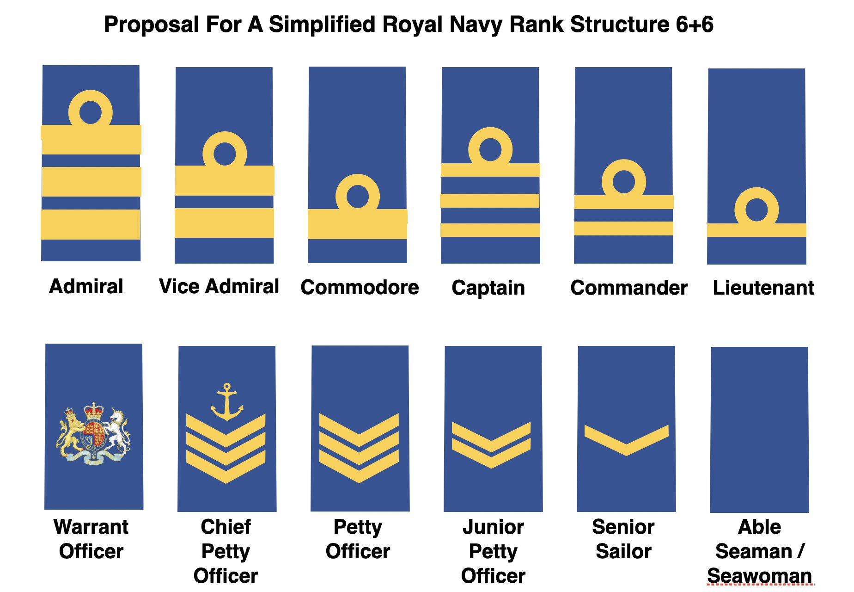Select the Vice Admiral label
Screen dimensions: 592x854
(x=219, y=286)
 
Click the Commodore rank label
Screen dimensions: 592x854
(x=360, y=287)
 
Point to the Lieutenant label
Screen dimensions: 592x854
(x=763, y=288)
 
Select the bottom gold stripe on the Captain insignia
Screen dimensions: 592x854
(x=490, y=230)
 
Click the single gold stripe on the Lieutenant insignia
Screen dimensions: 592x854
(x=756, y=230)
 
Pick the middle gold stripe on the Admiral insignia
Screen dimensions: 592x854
(x=91, y=182)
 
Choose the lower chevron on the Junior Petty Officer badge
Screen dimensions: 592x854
(x=491, y=455)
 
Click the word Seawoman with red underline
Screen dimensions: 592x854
(x=759, y=576)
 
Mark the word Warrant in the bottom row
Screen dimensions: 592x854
(x=91, y=527)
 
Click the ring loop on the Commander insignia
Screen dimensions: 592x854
(x=624, y=181)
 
